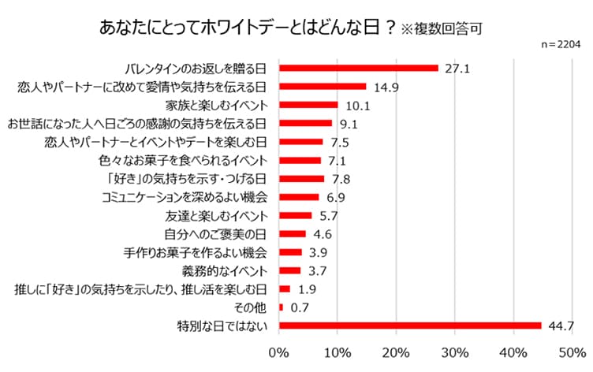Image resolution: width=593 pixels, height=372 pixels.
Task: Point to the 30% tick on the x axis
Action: coord(455,351)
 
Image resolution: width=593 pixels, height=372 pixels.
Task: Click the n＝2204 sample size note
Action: coord(560,45)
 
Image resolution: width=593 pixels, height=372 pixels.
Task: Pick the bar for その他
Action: coord(281,307)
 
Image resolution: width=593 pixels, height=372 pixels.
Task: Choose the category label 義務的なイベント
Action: coord(233,270)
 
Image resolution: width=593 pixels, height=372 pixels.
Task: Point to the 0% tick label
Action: coord(279,351)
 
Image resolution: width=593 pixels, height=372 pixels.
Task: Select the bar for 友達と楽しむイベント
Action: coord(296,215)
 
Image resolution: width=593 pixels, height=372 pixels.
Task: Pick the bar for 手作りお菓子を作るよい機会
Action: coord(290,251)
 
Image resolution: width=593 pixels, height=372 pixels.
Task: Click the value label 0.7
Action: coord(300,307)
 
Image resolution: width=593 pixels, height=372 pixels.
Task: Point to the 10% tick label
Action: coord(338,351)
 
